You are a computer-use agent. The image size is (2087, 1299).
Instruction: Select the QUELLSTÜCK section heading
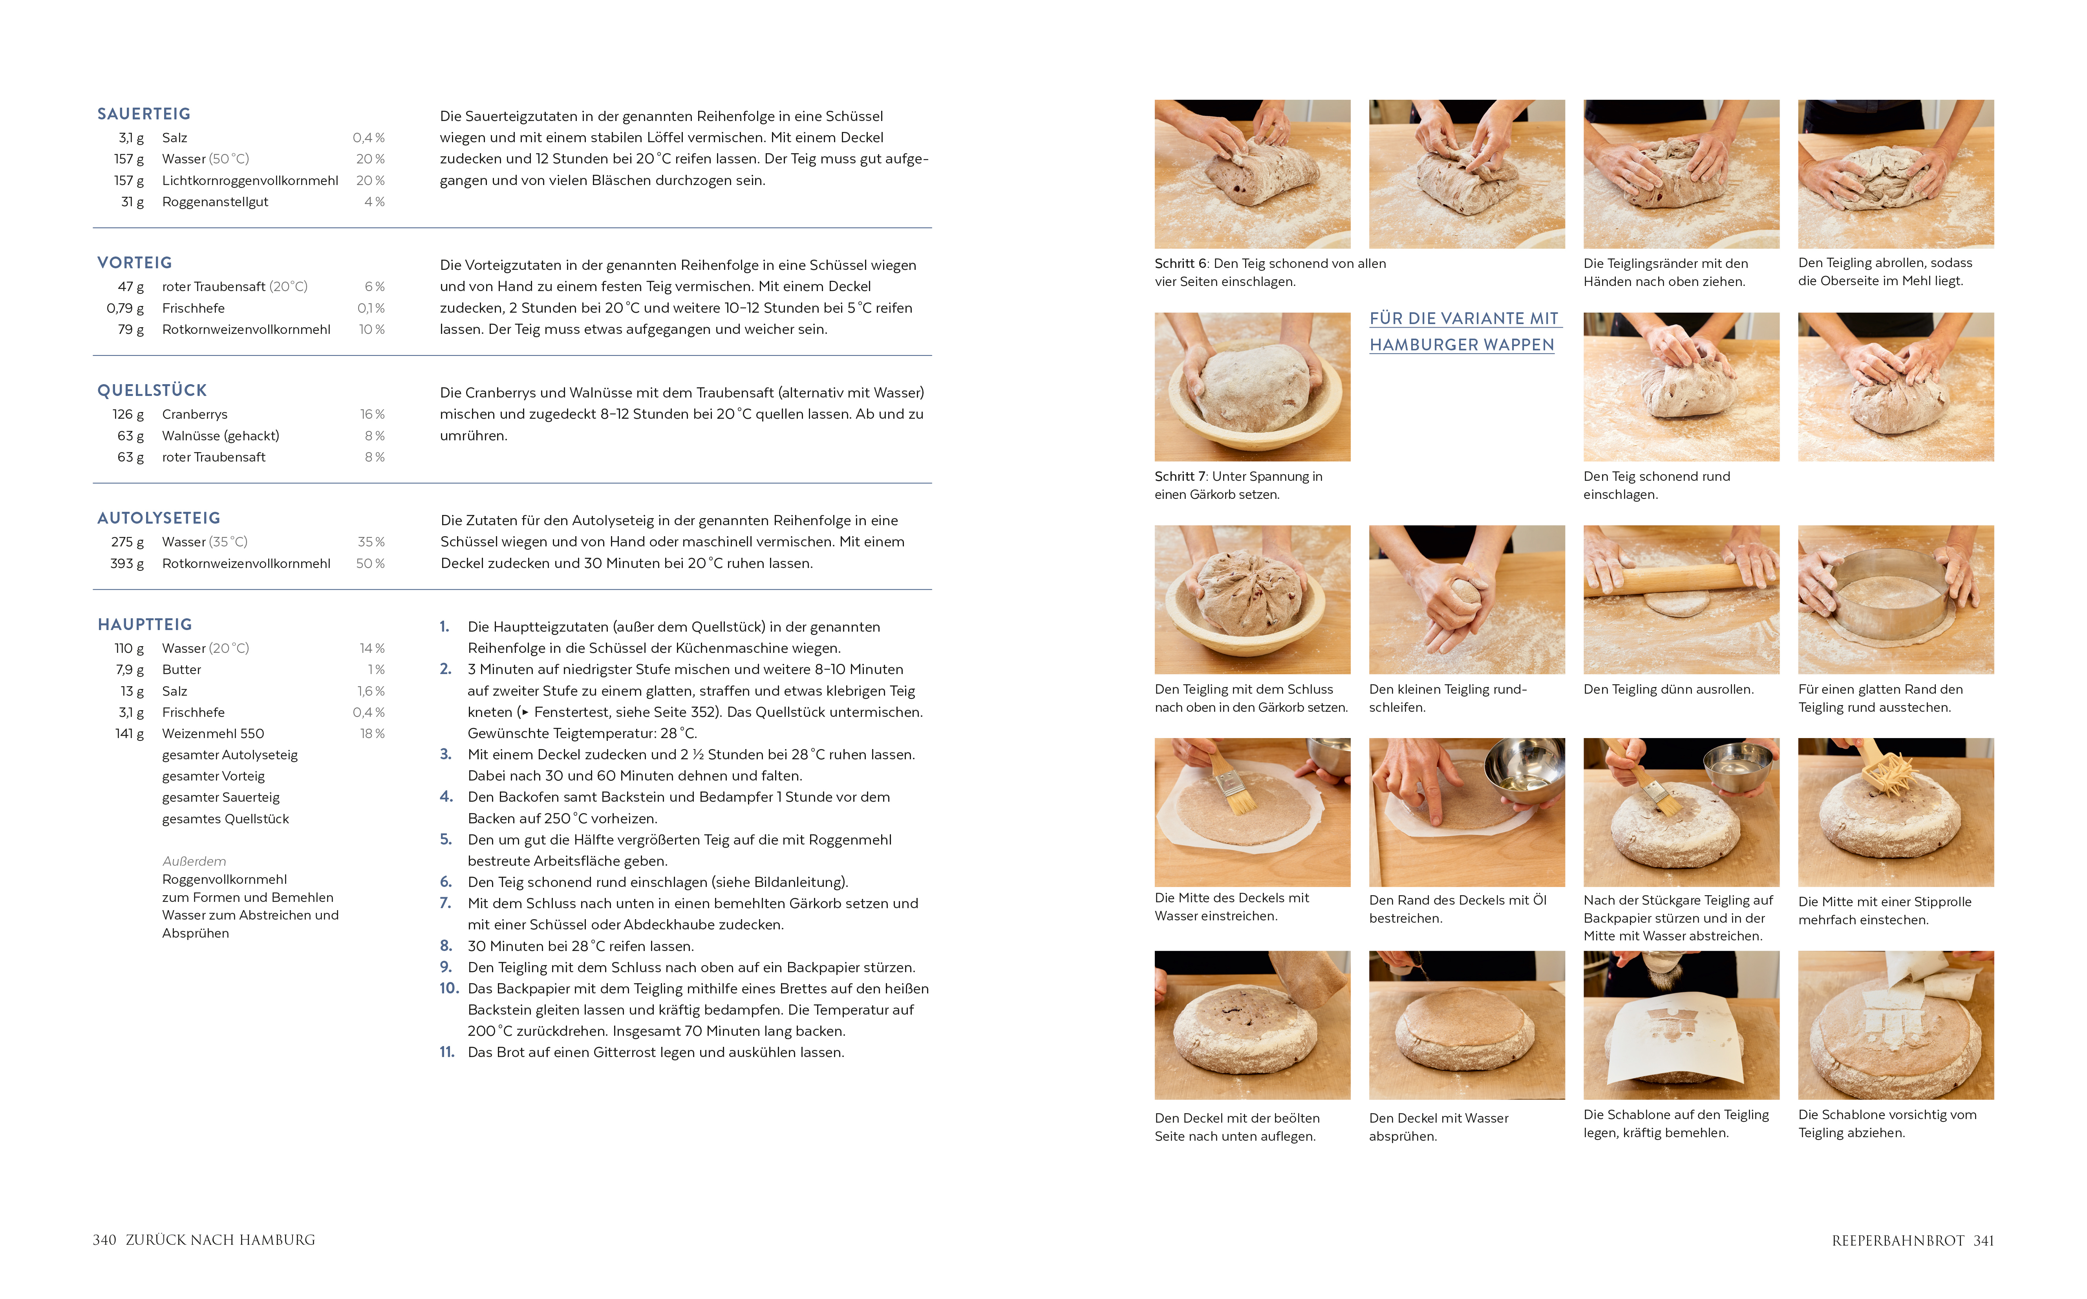[152, 391]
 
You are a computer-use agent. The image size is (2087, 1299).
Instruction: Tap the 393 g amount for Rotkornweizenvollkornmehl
[127, 564]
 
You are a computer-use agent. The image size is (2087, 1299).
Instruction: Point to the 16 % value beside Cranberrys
[372, 414]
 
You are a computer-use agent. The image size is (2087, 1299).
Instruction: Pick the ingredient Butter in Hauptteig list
[181, 669]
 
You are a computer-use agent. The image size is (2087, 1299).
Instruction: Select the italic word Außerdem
[194, 861]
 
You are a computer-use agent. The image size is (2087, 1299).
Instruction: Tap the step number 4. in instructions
[446, 797]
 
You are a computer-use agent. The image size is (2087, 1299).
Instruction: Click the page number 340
[104, 1240]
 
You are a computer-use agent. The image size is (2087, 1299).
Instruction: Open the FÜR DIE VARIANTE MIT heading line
[1463, 319]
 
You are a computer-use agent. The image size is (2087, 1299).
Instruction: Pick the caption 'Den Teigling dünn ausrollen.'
[1668, 689]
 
